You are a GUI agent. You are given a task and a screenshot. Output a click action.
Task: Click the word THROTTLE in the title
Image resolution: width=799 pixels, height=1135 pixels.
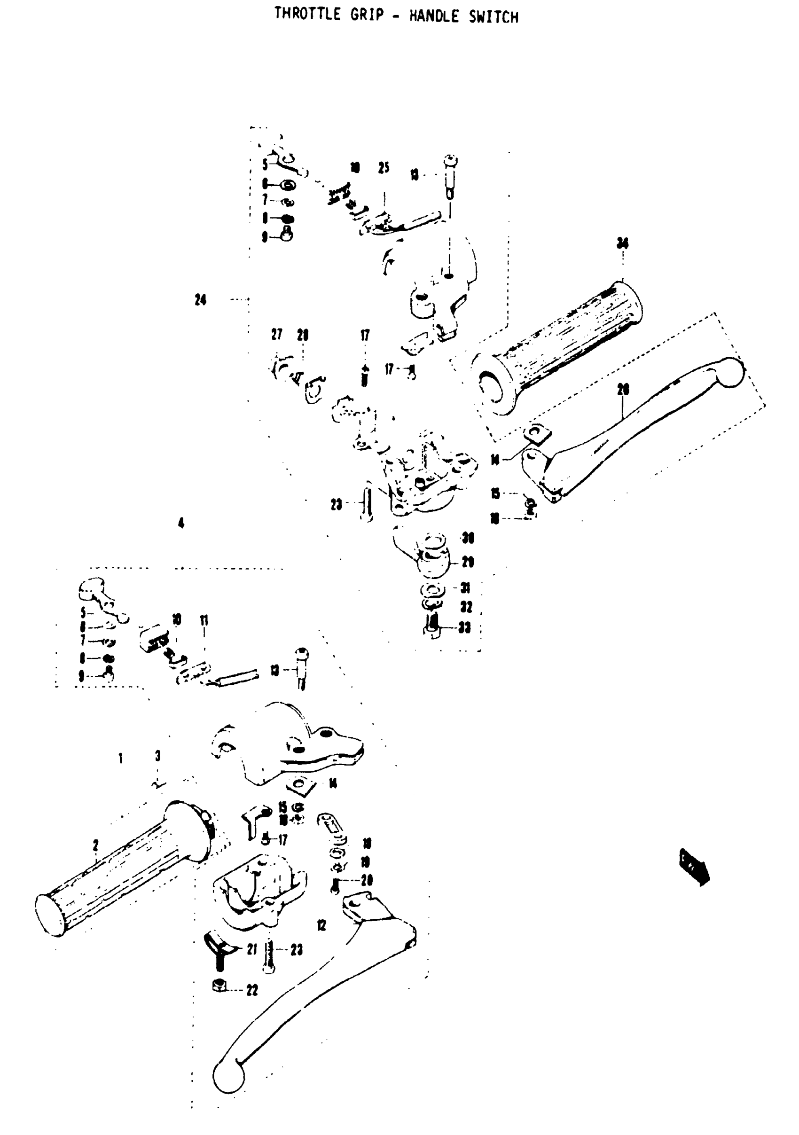click(307, 15)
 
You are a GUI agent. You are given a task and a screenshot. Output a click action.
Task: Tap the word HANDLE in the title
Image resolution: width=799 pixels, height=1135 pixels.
click(434, 17)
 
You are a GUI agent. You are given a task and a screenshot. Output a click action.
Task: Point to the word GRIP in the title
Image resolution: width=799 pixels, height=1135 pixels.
click(367, 15)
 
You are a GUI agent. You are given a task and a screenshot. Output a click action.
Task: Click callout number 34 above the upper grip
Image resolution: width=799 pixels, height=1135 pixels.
click(622, 243)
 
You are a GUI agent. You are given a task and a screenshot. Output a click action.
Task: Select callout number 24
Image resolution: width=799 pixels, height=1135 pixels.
click(200, 299)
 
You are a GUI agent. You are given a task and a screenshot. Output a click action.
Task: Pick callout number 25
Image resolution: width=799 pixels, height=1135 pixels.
click(384, 168)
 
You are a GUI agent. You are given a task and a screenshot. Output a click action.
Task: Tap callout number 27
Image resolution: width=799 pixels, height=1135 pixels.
click(276, 335)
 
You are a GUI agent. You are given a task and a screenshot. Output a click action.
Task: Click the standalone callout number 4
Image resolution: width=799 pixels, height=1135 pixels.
click(181, 523)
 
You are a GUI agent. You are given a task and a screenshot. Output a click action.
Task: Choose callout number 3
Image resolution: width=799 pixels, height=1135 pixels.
click(158, 756)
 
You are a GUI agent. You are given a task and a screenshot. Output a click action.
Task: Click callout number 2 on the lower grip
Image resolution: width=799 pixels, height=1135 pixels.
click(95, 845)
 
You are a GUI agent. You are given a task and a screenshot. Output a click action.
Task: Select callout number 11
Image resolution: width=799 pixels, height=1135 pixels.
click(204, 620)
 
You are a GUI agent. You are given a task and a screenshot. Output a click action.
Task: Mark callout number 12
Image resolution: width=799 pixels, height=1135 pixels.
click(321, 925)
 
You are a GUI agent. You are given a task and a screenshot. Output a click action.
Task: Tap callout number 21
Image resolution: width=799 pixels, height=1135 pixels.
click(252, 949)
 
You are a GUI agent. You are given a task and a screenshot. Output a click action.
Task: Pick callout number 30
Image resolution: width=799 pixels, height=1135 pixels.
click(467, 538)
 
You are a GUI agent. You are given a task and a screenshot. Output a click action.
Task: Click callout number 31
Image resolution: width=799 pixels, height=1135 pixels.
click(465, 588)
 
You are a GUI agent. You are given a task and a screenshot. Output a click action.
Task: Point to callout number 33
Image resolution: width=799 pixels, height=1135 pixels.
click(464, 628)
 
